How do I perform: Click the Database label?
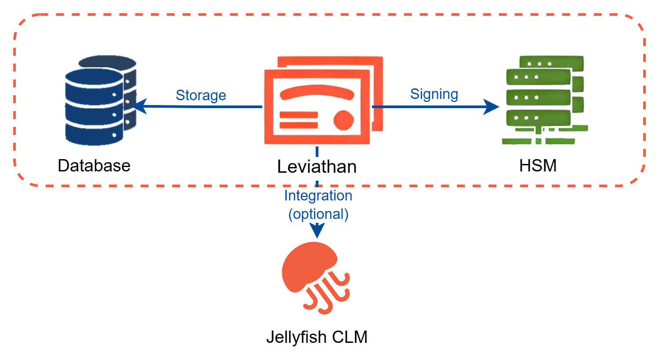click(x=94, y=166)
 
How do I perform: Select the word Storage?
click(x=201, y=95)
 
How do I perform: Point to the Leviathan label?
click(x=317, y=167)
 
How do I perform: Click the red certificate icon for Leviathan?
click(x=322, y=101)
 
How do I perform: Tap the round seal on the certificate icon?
click(x=343, y=120)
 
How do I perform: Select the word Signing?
click(x=434, y=94)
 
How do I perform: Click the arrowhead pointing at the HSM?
click(x=492, y=106)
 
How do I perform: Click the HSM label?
click(x=538, y=166)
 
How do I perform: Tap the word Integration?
click(x=318, y=196)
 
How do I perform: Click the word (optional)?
click(x=318, y=214)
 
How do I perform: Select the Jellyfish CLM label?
click(x=317, y=337)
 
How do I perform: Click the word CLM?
click(x=350, y=337)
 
